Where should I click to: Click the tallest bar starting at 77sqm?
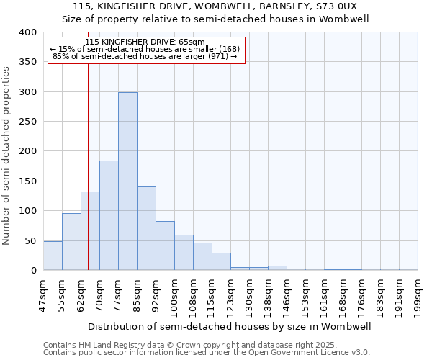127,181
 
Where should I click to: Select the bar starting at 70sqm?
109,215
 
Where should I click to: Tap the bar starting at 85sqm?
146,228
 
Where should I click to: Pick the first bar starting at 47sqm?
53,256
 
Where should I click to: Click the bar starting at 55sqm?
71,241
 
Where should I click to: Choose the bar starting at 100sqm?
184,252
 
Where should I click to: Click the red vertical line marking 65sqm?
88,180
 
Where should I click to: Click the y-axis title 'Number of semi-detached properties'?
6,156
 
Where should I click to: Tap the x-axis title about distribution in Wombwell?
230,326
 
